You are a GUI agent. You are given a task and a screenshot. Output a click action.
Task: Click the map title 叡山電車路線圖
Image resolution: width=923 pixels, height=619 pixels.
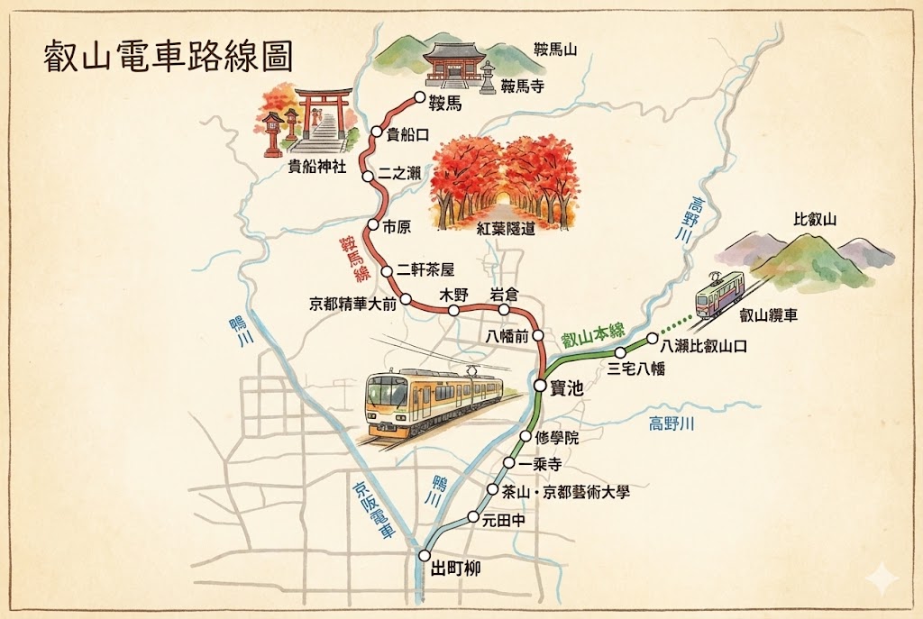coord(169,55)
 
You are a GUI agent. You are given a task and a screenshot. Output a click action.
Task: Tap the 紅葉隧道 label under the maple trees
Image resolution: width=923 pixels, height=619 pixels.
coord(506,228)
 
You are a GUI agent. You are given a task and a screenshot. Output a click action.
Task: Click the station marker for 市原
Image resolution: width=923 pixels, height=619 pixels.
coord(372,225)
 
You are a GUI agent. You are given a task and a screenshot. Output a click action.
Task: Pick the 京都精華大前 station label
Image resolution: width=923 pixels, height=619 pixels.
coord(352,304)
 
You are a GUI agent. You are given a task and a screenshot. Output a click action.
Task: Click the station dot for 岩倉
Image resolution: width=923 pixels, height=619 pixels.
coord(505,310)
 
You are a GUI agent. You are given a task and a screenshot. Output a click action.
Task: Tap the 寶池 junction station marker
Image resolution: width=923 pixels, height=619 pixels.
coord(539,385)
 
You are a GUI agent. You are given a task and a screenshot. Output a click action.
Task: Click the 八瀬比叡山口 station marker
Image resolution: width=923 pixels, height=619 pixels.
coord(653,340)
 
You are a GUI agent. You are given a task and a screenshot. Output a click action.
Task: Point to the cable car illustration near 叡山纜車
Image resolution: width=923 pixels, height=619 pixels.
coord(718,292)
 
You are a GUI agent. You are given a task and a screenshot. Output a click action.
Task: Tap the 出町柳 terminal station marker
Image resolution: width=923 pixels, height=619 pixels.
coord(425,555)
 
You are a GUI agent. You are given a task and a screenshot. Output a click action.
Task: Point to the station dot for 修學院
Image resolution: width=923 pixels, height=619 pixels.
coord(525,438)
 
